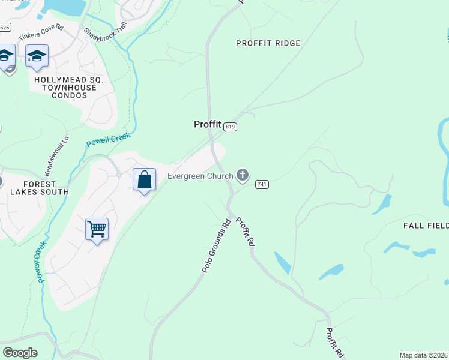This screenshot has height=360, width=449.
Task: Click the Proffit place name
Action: coord(208,124)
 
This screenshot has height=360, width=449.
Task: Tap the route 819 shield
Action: coord(231,127)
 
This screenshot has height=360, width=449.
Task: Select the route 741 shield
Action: coord(261,184)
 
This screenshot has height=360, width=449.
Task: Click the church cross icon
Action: coord(243,175)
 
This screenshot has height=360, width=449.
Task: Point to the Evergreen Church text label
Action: coord(200,176)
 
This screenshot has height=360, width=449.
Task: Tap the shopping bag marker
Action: coord(144,179)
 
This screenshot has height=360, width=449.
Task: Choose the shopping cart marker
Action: coord(97,229)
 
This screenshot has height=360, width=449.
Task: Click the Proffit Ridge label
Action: coord(268,43)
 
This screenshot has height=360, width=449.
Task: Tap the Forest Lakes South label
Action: coord(39,188)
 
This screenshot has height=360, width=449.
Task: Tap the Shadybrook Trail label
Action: coord(106,39)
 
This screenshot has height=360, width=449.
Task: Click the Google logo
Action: coord(20,352)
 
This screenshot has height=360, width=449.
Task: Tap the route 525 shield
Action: coord(5,28)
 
